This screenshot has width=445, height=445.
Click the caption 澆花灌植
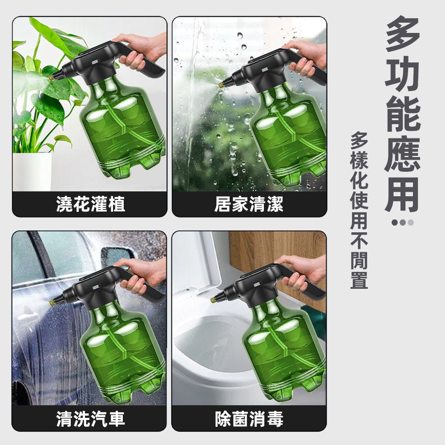90,204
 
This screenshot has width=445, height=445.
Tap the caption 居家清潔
249,204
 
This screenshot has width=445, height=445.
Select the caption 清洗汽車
90,419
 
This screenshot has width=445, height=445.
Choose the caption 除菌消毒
249,419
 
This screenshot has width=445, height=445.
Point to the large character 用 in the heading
402,195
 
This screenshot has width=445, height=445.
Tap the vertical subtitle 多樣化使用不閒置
359,210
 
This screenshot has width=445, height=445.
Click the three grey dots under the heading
402,222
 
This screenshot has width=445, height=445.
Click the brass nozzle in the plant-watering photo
52,77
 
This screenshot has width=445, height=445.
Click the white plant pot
32,171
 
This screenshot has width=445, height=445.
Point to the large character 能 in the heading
402,114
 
